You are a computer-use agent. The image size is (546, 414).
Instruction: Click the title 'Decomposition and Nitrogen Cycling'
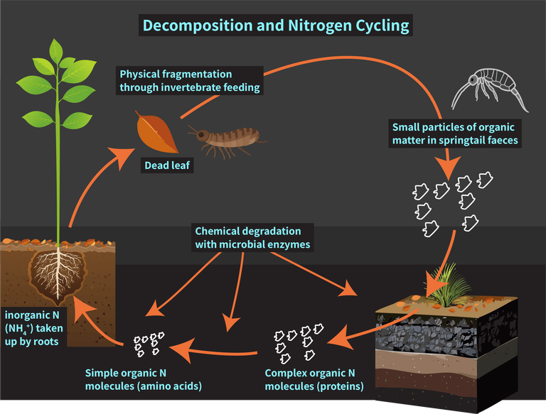coord(276,26)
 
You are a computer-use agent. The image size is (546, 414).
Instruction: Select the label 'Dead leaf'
coord(168,167)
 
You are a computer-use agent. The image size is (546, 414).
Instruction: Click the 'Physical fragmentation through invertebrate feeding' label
coord(190,81)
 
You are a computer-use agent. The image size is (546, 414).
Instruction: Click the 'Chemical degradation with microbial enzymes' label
coord(252,238)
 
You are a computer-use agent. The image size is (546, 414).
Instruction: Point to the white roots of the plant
coord(56,273)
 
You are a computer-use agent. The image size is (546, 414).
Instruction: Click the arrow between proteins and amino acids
coord(213,349)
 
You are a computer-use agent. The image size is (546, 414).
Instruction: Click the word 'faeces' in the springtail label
coord(500,141)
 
